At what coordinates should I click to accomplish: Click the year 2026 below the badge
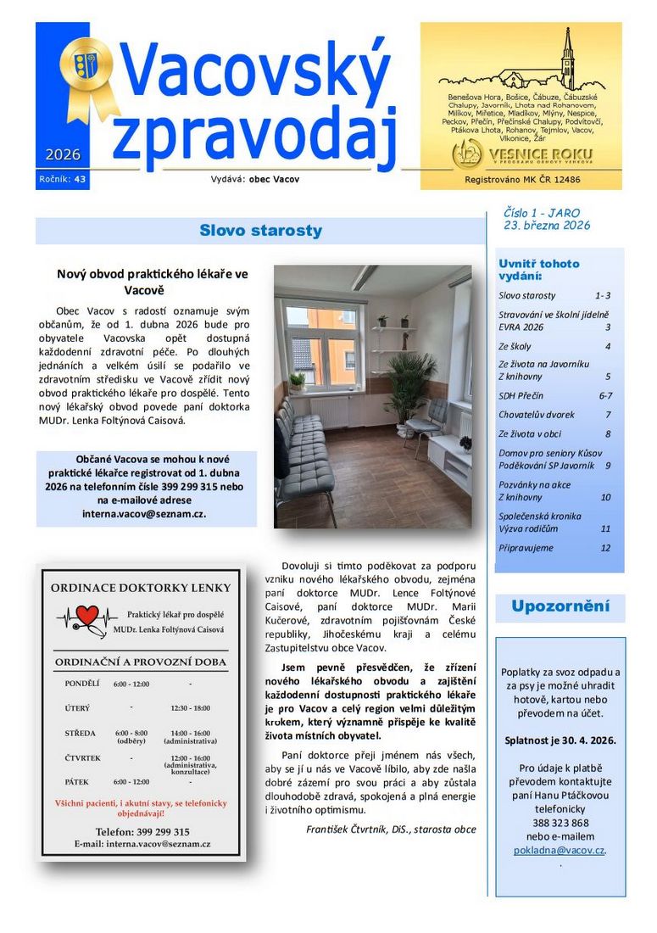coord(63,154)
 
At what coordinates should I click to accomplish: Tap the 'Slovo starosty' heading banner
coord(260,231)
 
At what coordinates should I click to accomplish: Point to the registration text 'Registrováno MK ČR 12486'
coord(522,180)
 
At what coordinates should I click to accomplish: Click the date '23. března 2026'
coord(547,226)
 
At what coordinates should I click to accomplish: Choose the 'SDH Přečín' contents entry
coord(521,396)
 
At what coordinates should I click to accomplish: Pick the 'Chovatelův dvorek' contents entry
coord(536,415)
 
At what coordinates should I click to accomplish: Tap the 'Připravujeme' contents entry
coord(526,548)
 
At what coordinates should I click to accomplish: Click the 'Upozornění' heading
coord(560,606)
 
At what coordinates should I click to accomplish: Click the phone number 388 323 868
coord(560,823)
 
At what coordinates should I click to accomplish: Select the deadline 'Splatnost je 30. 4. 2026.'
coord(560,740)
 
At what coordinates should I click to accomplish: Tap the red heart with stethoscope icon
coord(86,616)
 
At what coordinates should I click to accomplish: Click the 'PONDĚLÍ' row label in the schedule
coord(82,684)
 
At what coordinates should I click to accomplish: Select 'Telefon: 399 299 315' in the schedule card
coord(142,832)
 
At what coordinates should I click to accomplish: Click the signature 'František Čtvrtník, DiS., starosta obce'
coord(391,829)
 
